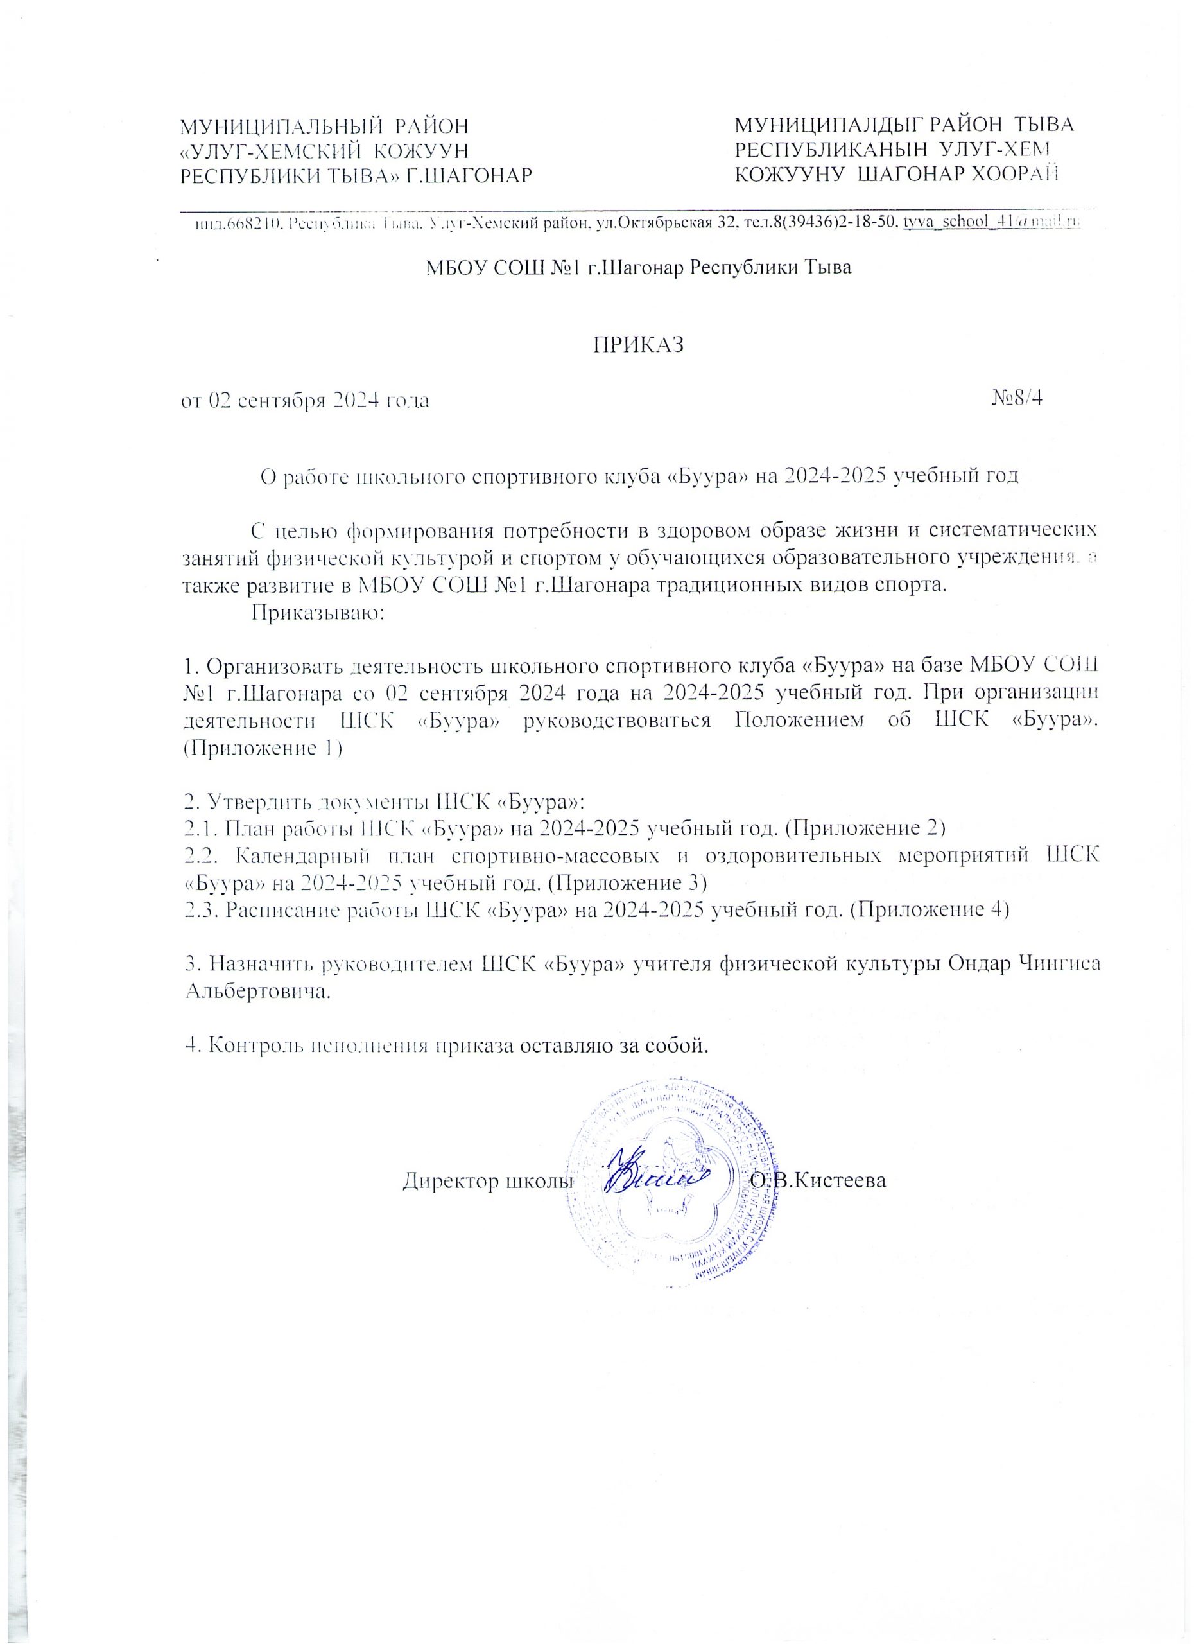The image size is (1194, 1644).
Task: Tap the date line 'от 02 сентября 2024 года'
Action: [304, 400]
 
